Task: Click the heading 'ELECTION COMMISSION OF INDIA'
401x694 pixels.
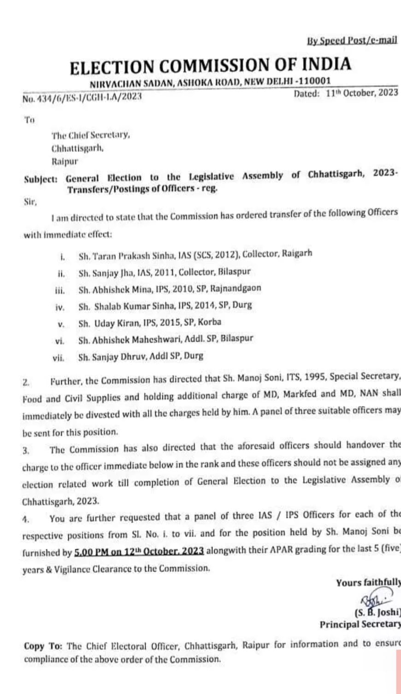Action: pyautogui.click(x=211, y=65)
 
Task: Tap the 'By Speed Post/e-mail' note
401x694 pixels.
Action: pyautogui.click(x=352, y=41)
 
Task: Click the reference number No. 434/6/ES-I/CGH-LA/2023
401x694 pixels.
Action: pyautogui.click(x=82, y=97)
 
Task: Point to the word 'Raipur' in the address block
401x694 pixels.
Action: pyautogui.click(x=65, y=162)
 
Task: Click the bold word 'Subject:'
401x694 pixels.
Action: pyautogui.click(x=41, y=180)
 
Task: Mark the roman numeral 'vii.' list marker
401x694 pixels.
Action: pyautogui.click(x=59, y=357)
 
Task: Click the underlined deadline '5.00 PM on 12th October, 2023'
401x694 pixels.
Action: pyautogui.click(x=139, y=551)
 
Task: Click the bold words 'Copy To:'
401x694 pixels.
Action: pyautogui.click(x=43, y=646)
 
